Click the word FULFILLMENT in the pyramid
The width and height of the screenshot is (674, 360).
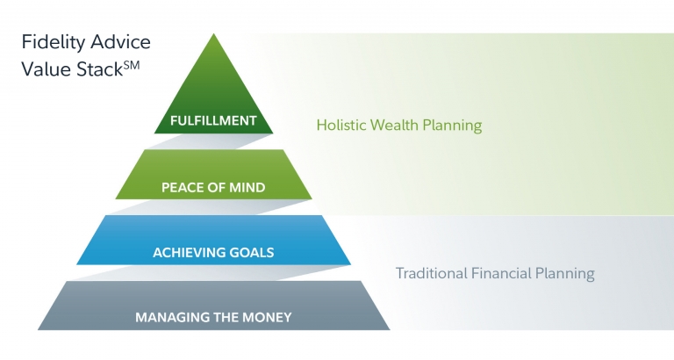[x=213, y=120]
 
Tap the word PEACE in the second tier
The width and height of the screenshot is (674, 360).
[x=181, y=187]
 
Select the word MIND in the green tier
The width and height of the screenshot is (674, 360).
[x=247, y=187]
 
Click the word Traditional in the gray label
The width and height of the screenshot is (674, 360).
[x=431, y=274]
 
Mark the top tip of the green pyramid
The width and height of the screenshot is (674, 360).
[x=213, y=35]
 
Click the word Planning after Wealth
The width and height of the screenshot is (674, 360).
[x=452, y=125]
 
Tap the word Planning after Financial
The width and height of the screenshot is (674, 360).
[x=565, y=274]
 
